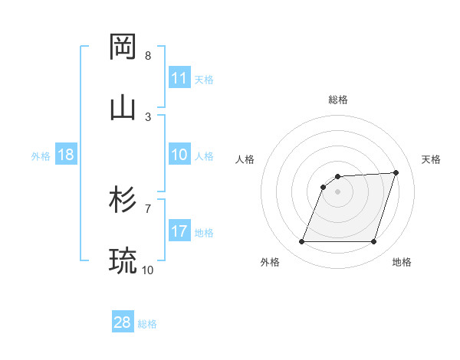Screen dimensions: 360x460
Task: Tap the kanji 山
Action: (x=123, y=107)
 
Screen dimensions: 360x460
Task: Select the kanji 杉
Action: (x=123, y=200)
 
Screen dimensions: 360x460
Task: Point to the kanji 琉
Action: (x=123, y=261)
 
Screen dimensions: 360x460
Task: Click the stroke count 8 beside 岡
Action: (x=148, y=56)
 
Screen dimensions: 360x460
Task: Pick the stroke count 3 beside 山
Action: (x=148, y=116)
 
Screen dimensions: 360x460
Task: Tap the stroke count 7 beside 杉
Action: (x=148, y=208)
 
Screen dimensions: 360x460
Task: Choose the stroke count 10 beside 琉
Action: (x=148, y=270)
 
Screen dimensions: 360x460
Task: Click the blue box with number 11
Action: (x=179, y=78)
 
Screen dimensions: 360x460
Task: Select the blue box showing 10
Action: (x=179, y=155)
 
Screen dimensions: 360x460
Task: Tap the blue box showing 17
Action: (x=179, y=231)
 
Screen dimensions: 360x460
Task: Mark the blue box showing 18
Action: (x=65, y=155)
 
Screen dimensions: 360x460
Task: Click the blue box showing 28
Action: (x=123, y=322)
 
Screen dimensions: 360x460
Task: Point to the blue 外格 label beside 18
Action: (x=41, y=155)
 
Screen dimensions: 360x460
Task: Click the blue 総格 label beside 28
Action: (x=147, y=323)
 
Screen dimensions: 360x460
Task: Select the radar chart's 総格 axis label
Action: (x=337, y=100)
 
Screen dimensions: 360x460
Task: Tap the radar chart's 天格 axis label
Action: (x=431, y=159)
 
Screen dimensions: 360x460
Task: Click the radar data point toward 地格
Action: (x=373, y=242)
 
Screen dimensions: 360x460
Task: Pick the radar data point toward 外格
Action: (x=301, y=242)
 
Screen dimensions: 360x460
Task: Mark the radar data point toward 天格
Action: (x=396, y=172)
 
